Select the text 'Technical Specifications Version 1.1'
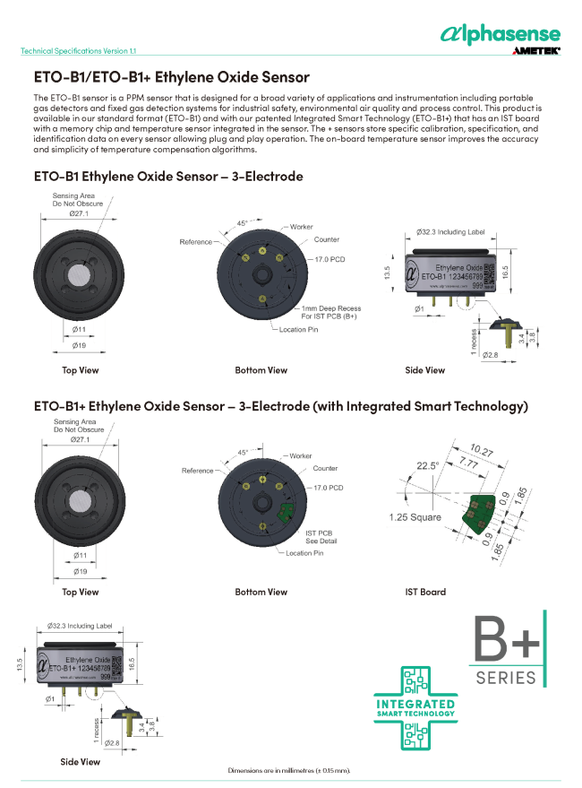pyautogui.click(x=79, y=51)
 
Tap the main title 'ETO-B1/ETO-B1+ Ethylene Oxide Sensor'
pyautogui.click(x=171, y=78)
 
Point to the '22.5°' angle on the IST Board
pyautogui.click(x=427, y=465)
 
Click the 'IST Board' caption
pyautogui.click(x=425, y=592)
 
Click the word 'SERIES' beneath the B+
pyautogui.click(x=506, y=678)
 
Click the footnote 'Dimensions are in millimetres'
pyautogui.click(x=289, y=770)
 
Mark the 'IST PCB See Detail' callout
pyautogui.click(x=320, y=536)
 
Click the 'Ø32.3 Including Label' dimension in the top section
pyautogui.click(x=450, y=232)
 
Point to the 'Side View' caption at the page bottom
pyautogui.click(x=81, y=761)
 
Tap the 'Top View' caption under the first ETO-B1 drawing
pyautogui.click(x=81, y=369)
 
